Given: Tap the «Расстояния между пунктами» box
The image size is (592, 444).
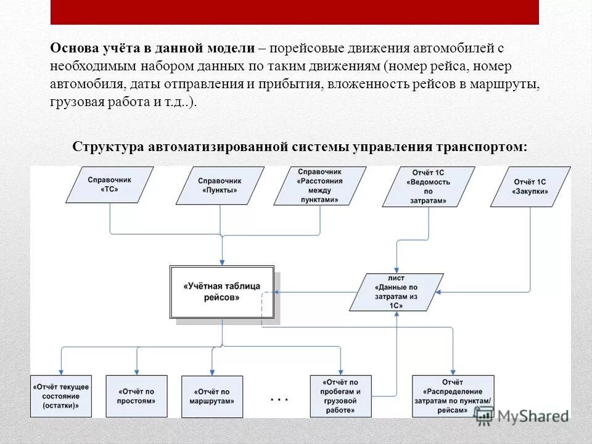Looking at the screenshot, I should click(x=319, y=186).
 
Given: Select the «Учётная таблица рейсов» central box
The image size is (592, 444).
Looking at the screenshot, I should click(x=222, y=292).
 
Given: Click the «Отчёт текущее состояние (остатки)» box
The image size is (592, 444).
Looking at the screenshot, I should click(x=61, y=396).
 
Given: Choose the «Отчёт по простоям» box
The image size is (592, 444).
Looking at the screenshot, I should click(x=136, y=396).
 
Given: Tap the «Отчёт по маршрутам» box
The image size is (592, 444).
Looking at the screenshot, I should click(x=212, y=396).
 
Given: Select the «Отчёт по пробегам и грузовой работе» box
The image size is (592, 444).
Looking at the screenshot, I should click(x=340, y=396).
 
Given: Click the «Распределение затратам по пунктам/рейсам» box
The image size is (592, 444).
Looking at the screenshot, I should click(x=456, y=396).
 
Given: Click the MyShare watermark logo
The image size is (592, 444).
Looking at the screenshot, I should click(x=522, y=416).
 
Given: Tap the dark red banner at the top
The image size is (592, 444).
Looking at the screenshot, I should click(x=294, y=12).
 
